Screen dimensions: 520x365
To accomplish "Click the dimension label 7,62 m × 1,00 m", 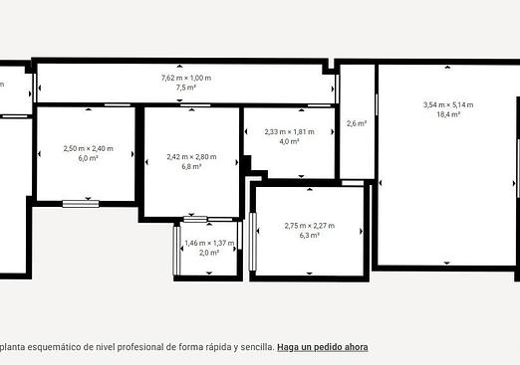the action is click(x=186, y=78).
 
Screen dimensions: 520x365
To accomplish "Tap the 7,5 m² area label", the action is click(x=186, y=88).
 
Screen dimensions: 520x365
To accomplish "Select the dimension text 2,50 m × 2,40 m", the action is click(x=89, y=148).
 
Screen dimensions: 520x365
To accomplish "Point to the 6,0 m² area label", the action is click(x=88, y=158).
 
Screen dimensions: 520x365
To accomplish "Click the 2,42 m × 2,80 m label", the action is click(x=191, y=157).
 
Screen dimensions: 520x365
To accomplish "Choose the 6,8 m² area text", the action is click(x=191, y=166).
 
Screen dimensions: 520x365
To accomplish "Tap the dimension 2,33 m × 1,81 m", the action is click(x=289, y=132).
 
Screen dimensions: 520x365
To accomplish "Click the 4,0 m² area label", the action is click(x=289, y=141).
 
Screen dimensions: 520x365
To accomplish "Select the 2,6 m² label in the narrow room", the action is click(x=357, y=123).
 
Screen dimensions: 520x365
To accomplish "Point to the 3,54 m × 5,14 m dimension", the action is click(x=448, y=105).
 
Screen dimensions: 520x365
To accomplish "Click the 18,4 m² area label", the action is click(x=448, y=114).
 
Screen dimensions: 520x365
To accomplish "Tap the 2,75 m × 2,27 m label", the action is click(x=310, y=226).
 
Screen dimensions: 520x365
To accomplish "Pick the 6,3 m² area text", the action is click(x=310, y=236).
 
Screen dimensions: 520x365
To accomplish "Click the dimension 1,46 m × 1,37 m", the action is click(x=209, y=243).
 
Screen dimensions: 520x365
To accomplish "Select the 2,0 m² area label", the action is click(x=209, y=253).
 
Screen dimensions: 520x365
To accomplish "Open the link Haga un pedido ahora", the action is click(x=323, y=347).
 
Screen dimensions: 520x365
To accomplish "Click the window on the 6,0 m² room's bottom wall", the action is click(x=81, y=204).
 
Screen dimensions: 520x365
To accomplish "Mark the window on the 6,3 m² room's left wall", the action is click(x=253, y=242).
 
